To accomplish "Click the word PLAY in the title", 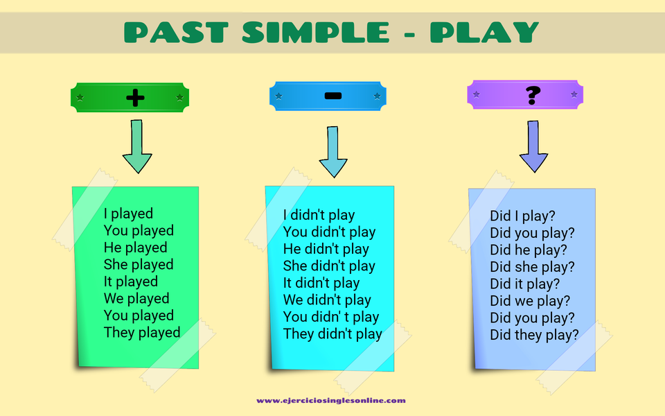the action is pos(484,33).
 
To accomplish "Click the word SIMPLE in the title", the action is pos(316,33).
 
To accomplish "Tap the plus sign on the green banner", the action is pos(135,98).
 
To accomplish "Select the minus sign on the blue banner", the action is pos(333,96).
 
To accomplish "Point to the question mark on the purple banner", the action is pos(533,95).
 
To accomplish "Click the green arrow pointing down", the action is pos(137,146).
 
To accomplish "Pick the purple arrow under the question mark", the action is pos(533,146).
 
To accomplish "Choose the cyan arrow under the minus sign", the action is pos(333,152).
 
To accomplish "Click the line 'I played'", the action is pos(129,214).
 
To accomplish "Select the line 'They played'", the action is pos(142,332).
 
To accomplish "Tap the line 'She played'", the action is pos(139,264).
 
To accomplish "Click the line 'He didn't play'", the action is pos(326,249).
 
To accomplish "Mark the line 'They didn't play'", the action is pos(333,333).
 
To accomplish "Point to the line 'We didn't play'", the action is pos(328,300).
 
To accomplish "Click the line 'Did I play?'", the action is pos(522,216).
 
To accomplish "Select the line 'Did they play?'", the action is pos(534,335).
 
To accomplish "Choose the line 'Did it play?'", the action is pos(525,284).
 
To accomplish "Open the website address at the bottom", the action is pos(331,400).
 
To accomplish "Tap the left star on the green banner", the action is pos(80,98).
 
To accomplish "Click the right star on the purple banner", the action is pos(574,94).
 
